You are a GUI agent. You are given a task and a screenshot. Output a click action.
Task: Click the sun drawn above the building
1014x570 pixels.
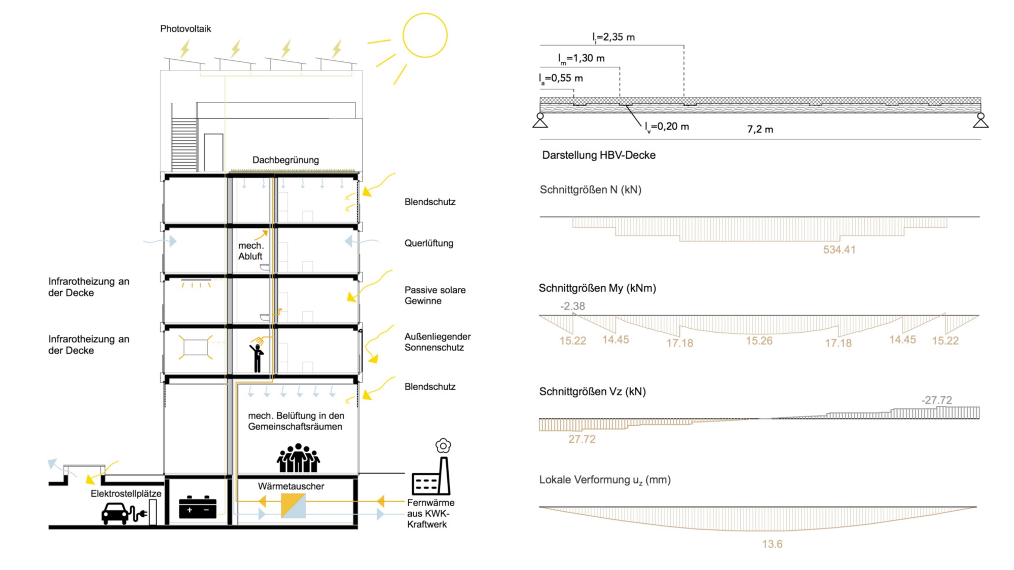[425, 35]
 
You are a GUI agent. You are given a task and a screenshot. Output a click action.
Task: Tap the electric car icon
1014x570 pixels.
[116, 513]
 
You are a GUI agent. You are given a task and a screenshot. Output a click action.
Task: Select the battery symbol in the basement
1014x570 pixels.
[198, 507]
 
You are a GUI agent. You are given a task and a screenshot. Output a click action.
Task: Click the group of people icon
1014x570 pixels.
[298, 458]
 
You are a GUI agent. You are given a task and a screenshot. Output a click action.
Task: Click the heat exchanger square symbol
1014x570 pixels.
[293, 506]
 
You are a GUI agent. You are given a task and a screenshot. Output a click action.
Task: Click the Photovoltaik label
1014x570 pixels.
[186, 29]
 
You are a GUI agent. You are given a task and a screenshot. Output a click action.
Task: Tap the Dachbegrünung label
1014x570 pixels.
[285, 160]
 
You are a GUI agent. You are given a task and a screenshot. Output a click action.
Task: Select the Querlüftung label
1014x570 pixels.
[429, 243]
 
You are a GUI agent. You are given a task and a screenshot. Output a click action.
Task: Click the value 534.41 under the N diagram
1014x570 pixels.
[839, 250]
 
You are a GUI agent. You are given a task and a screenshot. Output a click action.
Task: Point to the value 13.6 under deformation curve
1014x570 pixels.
[772, 544]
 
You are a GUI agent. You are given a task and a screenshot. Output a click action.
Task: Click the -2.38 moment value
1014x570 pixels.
[572, 306]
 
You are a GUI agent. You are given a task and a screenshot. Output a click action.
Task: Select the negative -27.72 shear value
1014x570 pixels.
[936, 400]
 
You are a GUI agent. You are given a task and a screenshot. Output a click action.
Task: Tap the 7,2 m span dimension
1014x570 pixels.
[760, 130]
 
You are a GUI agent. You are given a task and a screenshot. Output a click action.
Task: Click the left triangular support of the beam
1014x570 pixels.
[540, 120]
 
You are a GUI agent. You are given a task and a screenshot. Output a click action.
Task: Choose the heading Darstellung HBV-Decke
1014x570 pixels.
[599, 155]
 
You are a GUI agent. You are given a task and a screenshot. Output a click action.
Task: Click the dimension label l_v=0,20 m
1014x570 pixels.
[667, 127]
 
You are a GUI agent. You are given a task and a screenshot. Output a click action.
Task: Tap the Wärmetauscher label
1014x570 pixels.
[291, 486]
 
